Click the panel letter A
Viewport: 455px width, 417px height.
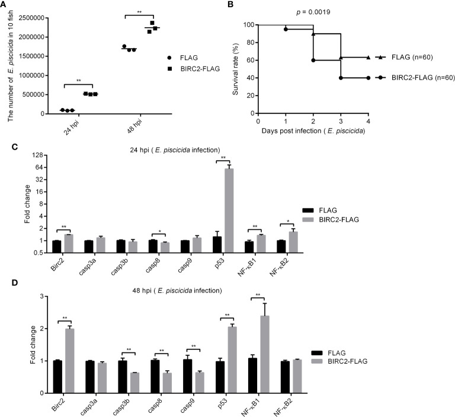(x=5, y=5)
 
